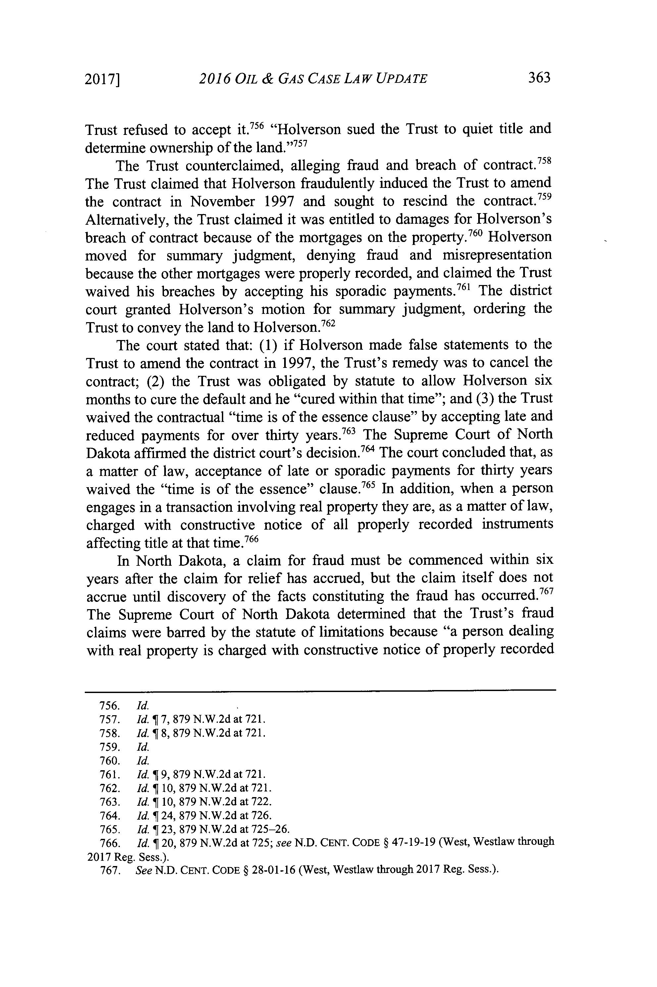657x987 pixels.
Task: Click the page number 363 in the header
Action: coord(539,78)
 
